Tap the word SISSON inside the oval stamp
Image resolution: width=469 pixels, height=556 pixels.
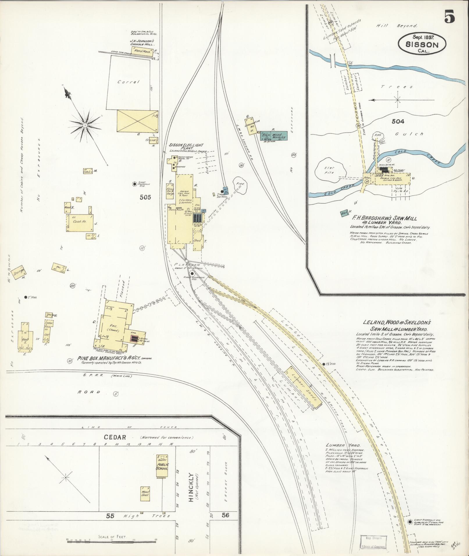pos(422,45)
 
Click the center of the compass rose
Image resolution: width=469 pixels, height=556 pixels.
pos(85,125)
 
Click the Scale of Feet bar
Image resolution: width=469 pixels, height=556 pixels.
pos(112,540)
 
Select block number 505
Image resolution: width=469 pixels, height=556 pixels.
pos(145,197)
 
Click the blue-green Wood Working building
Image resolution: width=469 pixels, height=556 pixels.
pos(273,135)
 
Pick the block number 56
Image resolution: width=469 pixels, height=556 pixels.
pos(225,515)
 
